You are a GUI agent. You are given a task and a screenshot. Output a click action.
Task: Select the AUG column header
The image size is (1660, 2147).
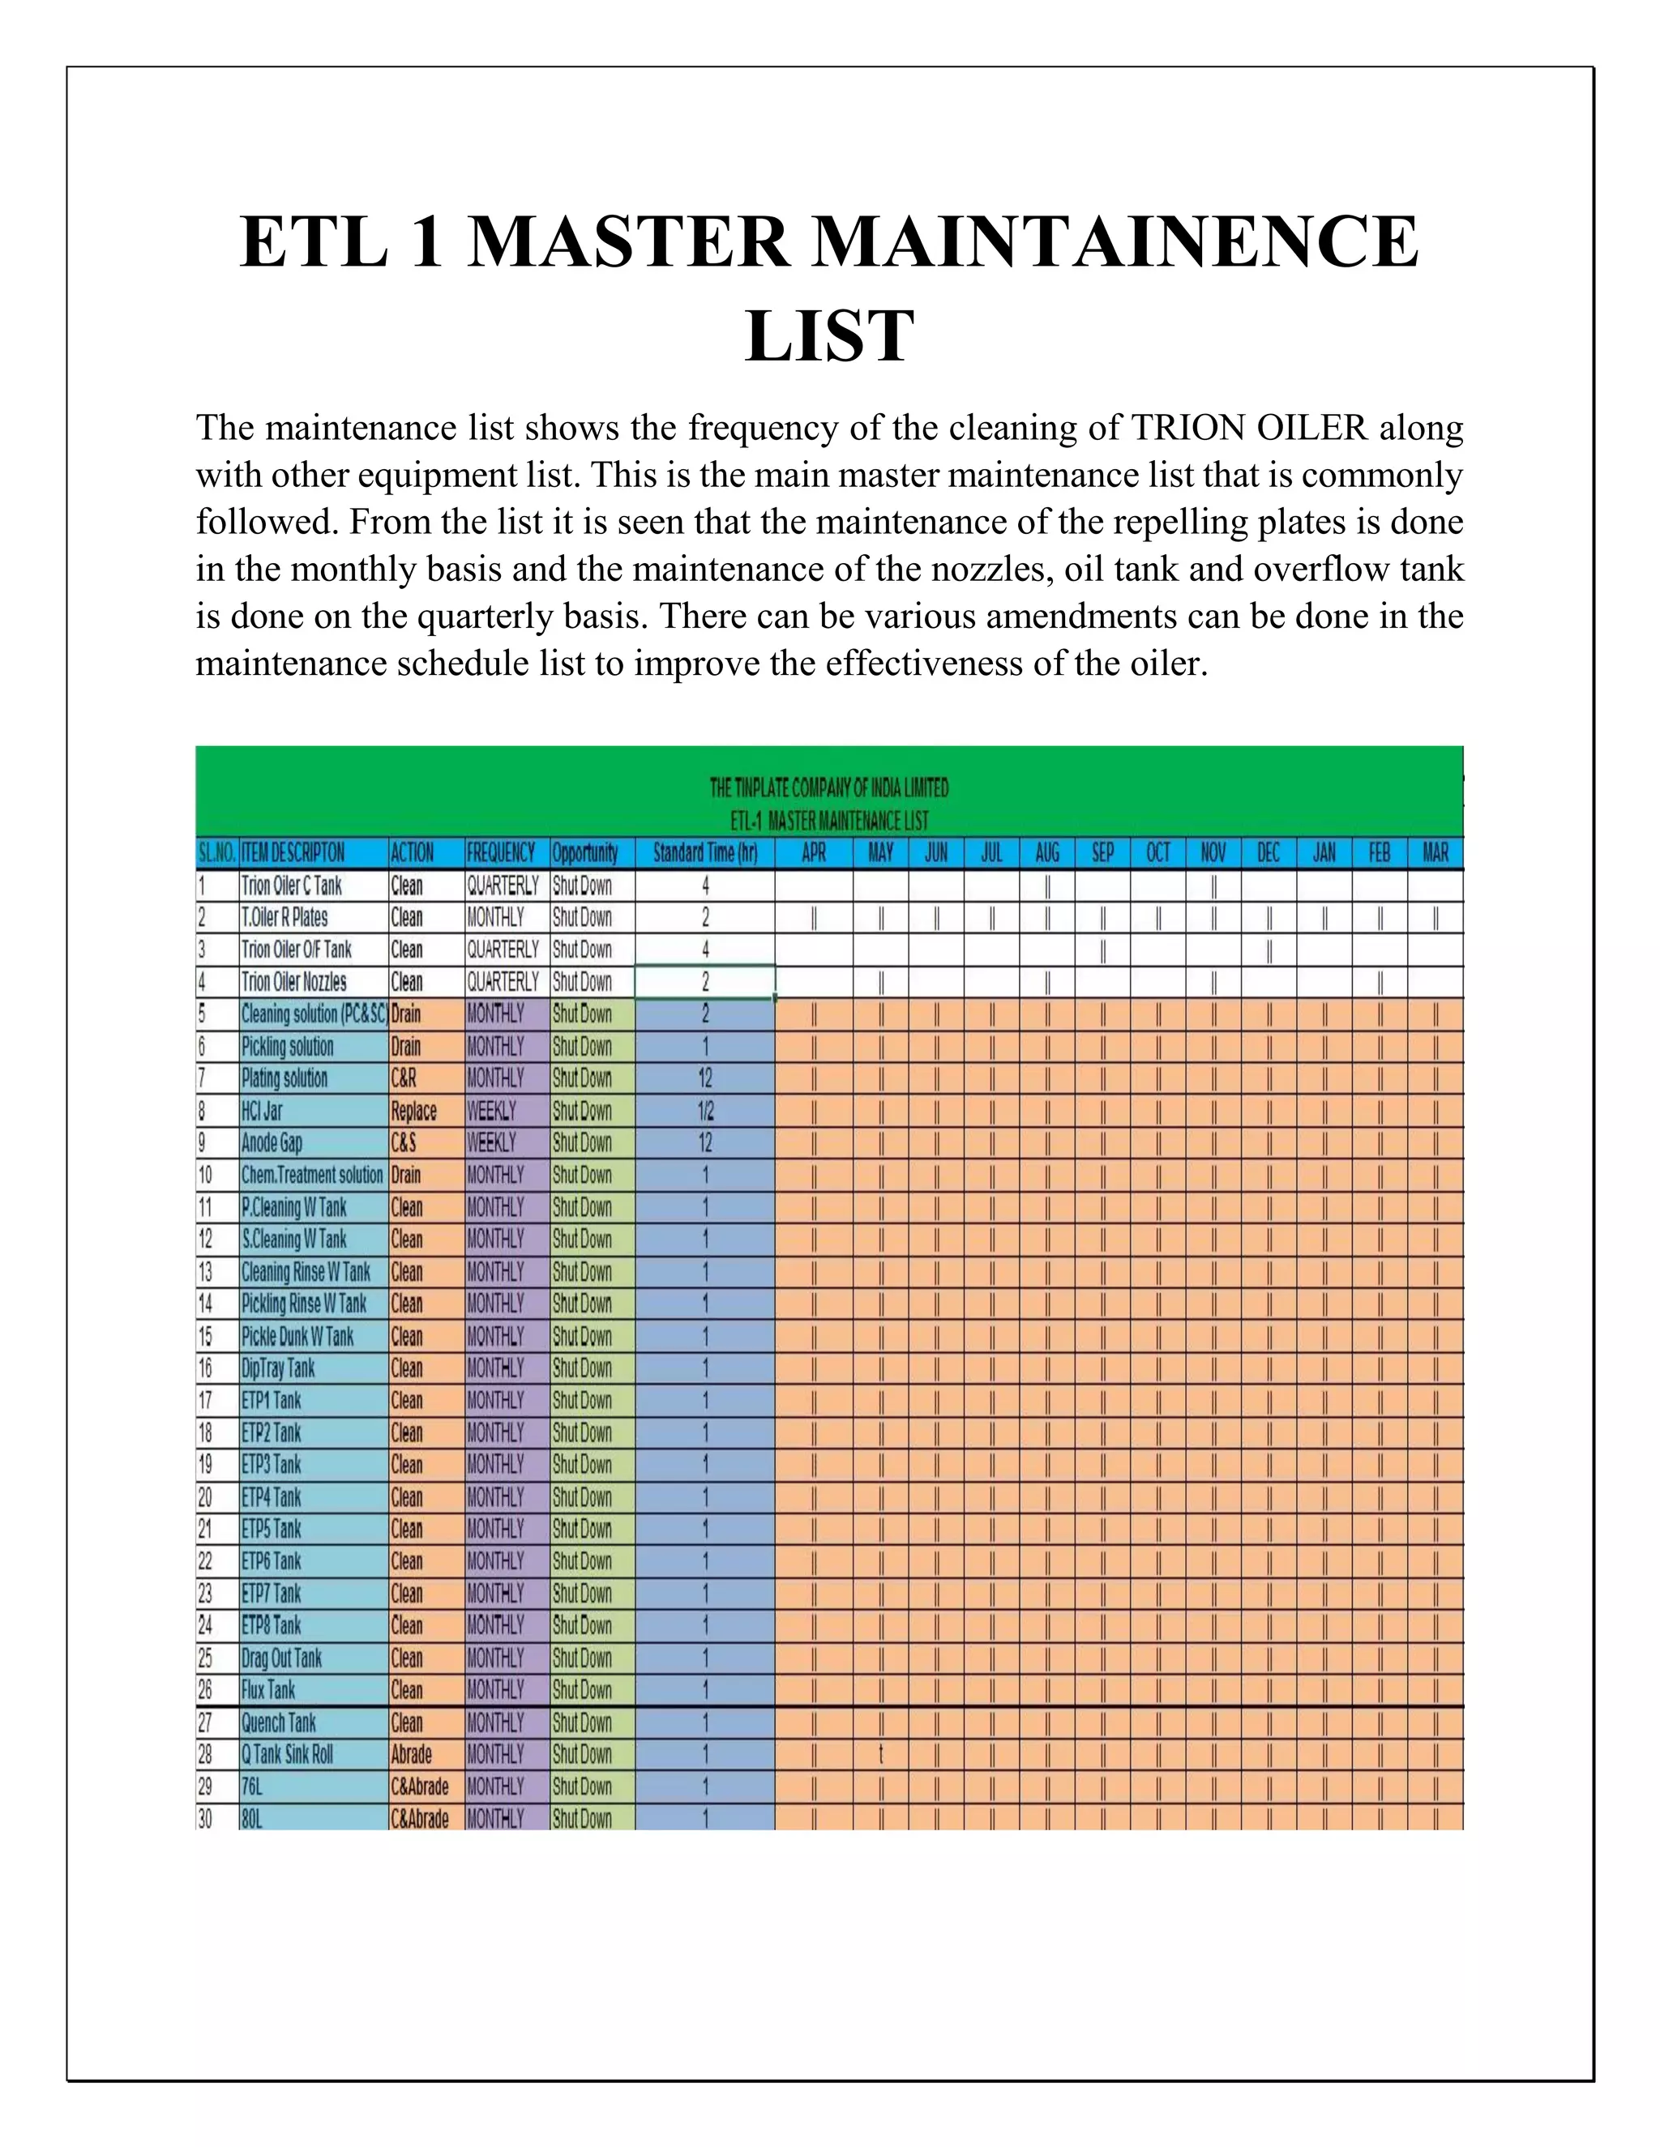[x=1047, y=852]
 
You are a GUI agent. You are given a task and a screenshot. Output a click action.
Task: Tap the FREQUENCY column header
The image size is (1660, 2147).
[x=501, y=852]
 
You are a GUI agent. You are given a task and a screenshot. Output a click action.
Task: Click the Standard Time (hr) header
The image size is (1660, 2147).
[x=705, y=852]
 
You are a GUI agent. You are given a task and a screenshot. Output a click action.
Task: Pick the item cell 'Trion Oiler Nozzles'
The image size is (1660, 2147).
[x=294, y=982]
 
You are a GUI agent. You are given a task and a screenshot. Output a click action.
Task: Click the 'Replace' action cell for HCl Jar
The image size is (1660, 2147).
[x=414, y=1111]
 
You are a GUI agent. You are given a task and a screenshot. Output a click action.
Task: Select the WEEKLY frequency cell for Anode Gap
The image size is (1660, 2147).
[x=490, y=1143]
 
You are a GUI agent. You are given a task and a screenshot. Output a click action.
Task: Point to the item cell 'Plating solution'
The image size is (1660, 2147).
[x=285, y=1078]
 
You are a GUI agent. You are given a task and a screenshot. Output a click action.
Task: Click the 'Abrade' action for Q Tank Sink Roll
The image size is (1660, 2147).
[x=411, y=1755]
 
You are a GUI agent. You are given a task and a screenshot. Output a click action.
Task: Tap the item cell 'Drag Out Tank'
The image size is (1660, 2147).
[x=282, y=1658]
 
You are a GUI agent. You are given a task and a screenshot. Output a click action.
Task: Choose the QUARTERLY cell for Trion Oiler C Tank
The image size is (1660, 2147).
[x=503, y=886]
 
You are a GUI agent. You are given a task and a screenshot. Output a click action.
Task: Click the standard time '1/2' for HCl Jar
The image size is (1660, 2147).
[x=705, y=1111]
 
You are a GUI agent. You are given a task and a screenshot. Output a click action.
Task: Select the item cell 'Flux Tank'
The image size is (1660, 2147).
[x=268, y=1690]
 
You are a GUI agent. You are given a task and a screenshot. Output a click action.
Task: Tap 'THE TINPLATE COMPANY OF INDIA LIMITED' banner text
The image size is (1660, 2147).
[x=829, y=788]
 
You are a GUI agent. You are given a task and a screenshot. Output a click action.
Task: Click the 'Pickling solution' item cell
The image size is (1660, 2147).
[x=288, y=1047]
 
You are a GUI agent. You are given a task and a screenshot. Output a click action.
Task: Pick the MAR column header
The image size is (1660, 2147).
[x=1435, y=852]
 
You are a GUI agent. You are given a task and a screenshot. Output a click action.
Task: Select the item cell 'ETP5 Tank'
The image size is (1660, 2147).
[x=272, y=1530]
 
